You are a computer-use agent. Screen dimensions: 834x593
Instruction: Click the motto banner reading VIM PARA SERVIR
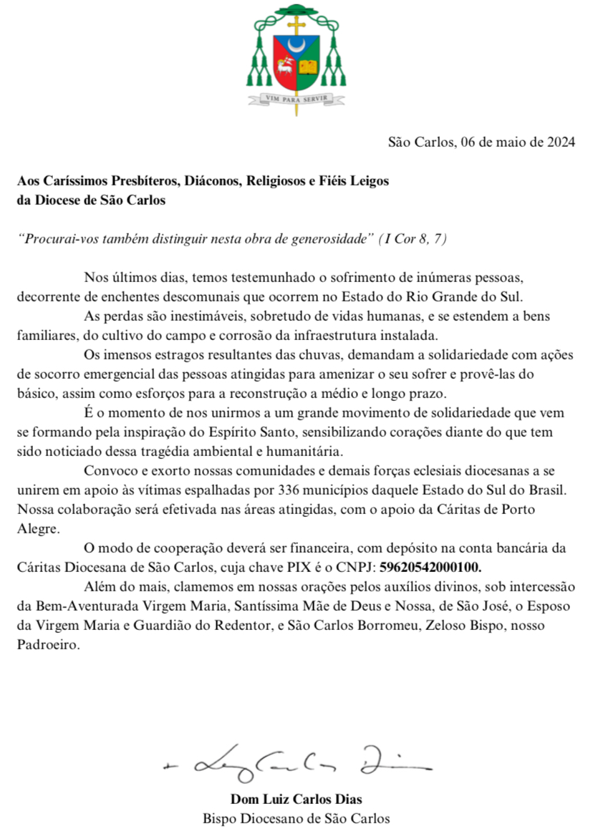point(296,100)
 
